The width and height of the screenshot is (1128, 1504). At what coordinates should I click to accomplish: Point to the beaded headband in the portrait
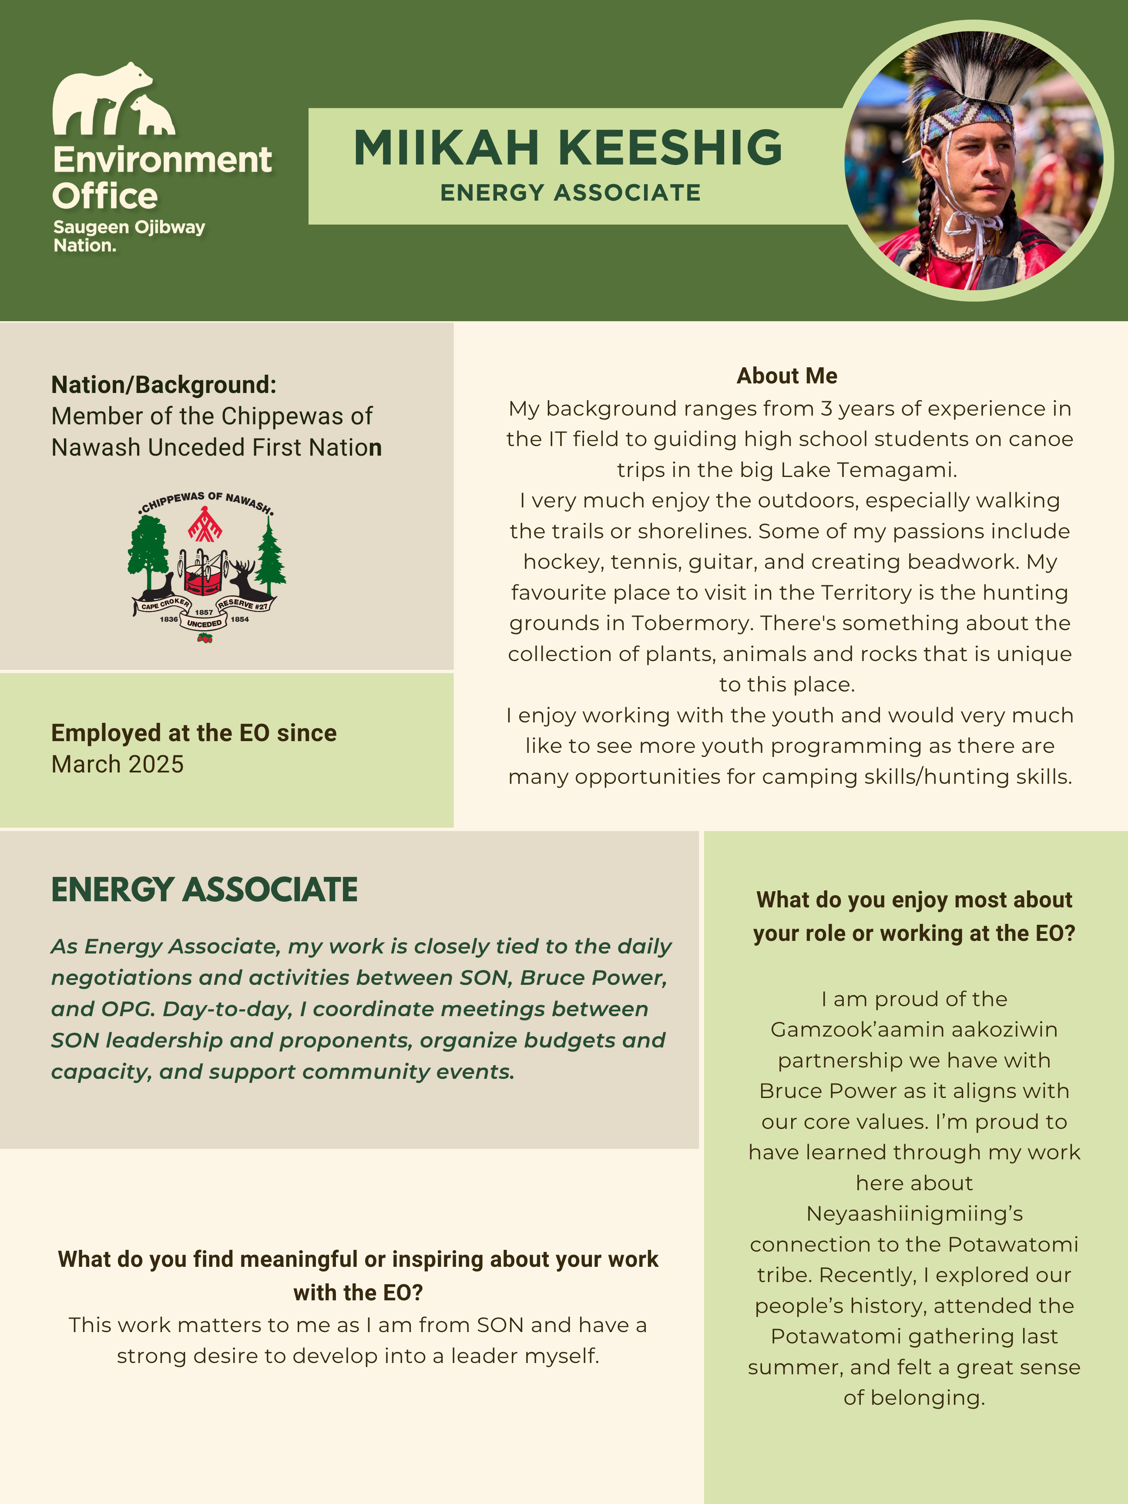click(x=966, y=122)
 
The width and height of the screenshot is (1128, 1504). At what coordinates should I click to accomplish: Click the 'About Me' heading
click(x=787, y=376)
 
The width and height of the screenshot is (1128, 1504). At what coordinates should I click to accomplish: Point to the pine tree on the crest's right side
click(x=271, y=557)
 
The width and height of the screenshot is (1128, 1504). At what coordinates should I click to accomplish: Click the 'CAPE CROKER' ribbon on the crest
click(x=164, y=604)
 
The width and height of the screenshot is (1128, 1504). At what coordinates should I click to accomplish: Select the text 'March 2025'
click(x=117, y=764)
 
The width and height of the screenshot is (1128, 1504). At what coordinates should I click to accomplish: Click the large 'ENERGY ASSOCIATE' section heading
click(x=204, y=890)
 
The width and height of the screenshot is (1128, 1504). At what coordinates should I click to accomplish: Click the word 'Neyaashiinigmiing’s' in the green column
click(x=914, y=1214)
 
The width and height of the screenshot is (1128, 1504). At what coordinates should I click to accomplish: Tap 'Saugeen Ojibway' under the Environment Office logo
click(x=129, y=227)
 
